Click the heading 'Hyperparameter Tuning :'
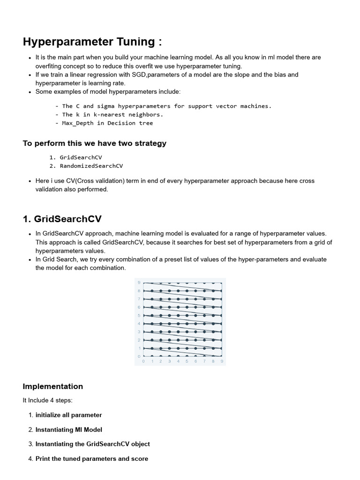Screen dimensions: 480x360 (x=92, y=42)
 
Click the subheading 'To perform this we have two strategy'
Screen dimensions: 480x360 (x=94, y=143)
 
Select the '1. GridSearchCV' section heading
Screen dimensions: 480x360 (x=62, y=219)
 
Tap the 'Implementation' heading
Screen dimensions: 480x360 (x=52, y=386)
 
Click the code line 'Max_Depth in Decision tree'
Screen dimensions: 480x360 (x=107, y=123)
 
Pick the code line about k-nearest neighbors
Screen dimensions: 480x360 (x=112, y=114)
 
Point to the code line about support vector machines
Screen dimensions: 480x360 (x=166, y=106)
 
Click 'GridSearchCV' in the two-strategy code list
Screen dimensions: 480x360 (x=81, y=157)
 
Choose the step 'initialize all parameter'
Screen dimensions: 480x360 (x=68, y=415)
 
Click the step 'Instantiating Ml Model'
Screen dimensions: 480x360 (x=68, y=429)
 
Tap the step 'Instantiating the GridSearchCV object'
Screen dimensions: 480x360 (x=92, y=444)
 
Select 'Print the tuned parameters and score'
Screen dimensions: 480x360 (x=91, y=458)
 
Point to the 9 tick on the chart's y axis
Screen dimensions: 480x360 (x=139, y=282)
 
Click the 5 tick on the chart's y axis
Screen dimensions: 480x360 (x=139, y=315)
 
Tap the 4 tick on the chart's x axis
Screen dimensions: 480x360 (x=178, y=361)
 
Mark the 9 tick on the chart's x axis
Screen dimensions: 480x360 (x=222, y=361)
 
